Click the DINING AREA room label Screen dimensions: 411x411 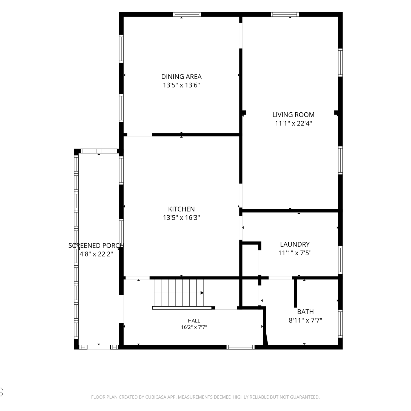point(181,77)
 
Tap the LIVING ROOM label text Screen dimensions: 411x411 point(293,115)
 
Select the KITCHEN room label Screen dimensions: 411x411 point(181,209)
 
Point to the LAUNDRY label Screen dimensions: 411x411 point(295,244)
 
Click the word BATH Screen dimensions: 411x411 point(306,312)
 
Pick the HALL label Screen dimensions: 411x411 point(194,321)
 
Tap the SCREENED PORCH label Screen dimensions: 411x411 point(96,246)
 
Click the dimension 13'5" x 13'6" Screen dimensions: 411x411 point(181,85)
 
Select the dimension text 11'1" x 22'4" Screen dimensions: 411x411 point(293,123)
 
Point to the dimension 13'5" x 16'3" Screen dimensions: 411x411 point(181,218)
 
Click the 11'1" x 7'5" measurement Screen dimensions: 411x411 point(295,253)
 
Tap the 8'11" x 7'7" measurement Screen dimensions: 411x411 point(306,320)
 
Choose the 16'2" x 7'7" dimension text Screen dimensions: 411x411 point(194,327)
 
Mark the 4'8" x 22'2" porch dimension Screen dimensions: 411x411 point(96,254)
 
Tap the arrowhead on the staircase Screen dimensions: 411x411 point(202,293)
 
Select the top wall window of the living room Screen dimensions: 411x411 point(285,15)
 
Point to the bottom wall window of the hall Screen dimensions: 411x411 point(241,347)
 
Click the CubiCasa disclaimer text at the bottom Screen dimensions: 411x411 point(206,397)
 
